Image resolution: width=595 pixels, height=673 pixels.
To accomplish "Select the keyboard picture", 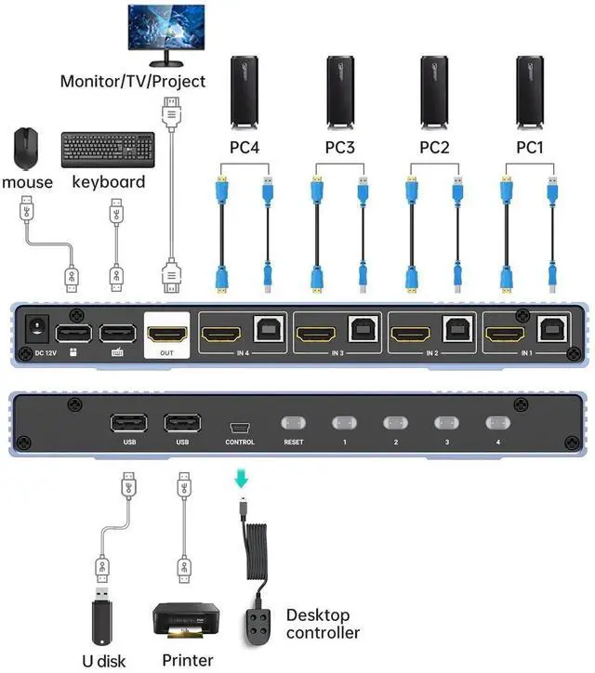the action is pyautogui.click(x=108, y=150).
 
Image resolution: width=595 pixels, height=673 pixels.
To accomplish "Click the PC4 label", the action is pyautogui.click(x=246, y=147).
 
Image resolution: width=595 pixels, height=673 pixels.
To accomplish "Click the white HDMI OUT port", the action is pyautogui.click(x=168, y=333).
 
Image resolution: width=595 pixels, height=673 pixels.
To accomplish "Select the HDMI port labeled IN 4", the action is pyautogui.click(x=224, y=332).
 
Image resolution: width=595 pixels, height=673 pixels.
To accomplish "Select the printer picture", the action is pyautogui.click(x=185, y=620).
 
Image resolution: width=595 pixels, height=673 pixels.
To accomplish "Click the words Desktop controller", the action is pyautogui.click(x=322, y=624).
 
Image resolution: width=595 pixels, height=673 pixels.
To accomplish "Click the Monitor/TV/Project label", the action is pyautogui.click(x=133, y=81).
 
